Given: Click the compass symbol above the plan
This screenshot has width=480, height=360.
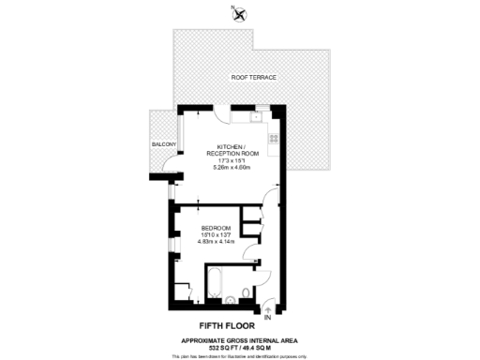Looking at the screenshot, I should coord(239,13).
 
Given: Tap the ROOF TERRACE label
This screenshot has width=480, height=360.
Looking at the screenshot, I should coord(254,78).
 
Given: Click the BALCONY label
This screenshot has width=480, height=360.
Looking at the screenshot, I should coord(165,144).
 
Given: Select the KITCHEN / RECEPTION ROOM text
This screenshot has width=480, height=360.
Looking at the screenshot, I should coord(232,151).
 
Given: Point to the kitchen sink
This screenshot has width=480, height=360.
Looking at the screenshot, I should coord(256,118).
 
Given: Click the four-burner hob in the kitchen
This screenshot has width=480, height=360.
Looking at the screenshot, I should coord(275,139).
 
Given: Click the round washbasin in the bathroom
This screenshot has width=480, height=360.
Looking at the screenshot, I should coord(232,301).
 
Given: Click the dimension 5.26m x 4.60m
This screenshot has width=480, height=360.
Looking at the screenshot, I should coord(232,167).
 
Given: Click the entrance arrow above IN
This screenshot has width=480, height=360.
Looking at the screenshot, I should coord(270,307).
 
